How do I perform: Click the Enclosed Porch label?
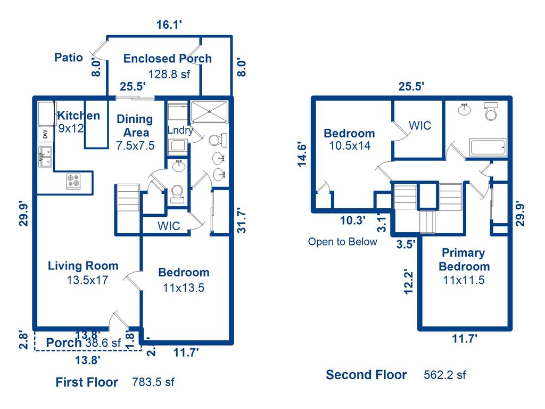[167, 59]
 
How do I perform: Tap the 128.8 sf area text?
[169, 74]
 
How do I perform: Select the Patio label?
[69, 58]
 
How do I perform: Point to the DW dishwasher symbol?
[45, 134]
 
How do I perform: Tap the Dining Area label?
[135, 126]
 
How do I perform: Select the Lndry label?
[180, 130]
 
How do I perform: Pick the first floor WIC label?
[168, 226]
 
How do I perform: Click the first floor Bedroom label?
[184, 273]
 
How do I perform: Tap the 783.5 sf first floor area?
[153, 382]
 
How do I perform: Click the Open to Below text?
[342, 242]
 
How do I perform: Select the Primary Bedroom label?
[464, 259]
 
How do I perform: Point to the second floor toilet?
[490, 112]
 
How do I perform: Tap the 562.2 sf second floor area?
[444, 375]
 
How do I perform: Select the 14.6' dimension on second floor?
[302, 154]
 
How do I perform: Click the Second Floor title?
[366, 375]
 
